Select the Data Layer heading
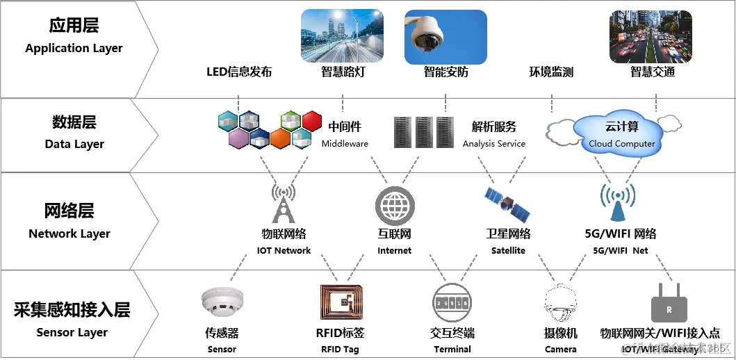(74, 132)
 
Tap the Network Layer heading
(69, 221)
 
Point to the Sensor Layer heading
(72, 320)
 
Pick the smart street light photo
(342, 36)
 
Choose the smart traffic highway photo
(651, 36)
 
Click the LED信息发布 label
(239, 72)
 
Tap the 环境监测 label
(551, 72)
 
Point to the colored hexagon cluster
(269, 130)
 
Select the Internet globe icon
(394, 206)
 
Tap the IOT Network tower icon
(283, 203)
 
